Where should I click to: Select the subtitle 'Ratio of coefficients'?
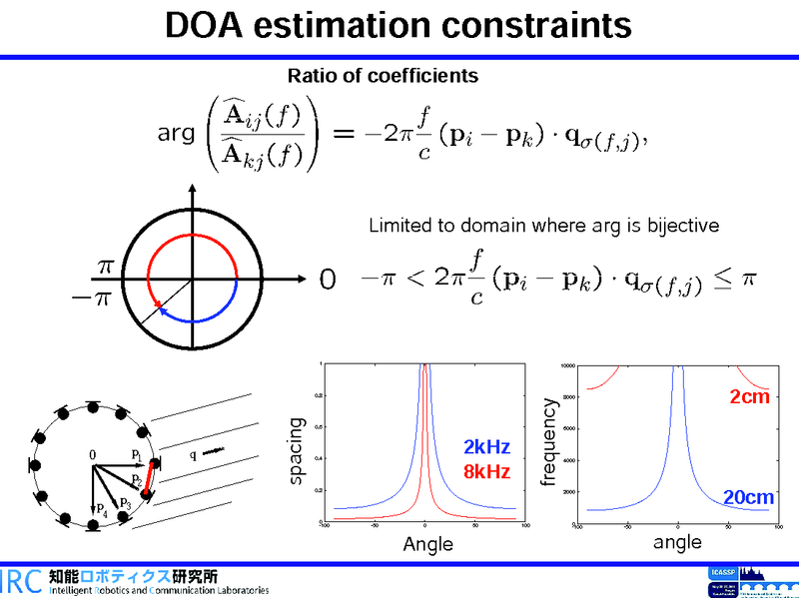click(x=383, y=76)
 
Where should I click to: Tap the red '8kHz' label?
click(x=486, y=471)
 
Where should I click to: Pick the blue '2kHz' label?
click(x=486, y=447)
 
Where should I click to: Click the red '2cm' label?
click(x=749, y=397)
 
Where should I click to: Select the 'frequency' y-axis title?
click(x=547, y=443)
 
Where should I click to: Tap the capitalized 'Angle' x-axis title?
click(x=427, y=544)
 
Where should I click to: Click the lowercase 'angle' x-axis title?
click(x=677, y=542)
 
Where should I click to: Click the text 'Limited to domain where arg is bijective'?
click(x=543, y=226)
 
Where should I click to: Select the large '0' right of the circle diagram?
click(x=327, y=281)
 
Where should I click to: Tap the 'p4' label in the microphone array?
click(x=102, y=510)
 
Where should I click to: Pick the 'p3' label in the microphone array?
click(x=125, y=502)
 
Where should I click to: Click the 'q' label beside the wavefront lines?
click(x=192, y=456)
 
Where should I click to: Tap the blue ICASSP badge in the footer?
click(x=721, y=572)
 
